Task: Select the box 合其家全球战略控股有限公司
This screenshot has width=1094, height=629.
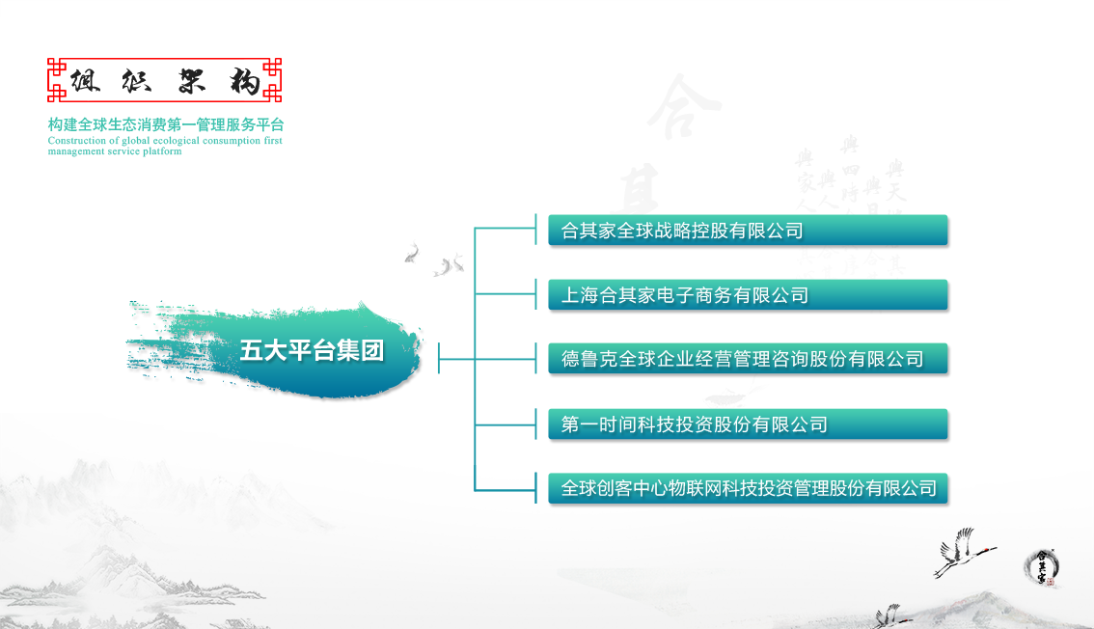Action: [748, 231]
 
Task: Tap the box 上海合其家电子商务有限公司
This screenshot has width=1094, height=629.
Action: [748, 295]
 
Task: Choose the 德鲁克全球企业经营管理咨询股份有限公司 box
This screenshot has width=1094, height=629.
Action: [748, 359]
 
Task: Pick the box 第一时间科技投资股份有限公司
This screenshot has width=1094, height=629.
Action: [748, 424]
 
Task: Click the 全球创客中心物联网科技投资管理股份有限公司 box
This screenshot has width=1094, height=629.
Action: [748, 488]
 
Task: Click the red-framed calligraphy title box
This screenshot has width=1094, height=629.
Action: [165, 81]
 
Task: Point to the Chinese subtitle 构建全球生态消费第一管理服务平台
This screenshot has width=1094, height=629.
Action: [166, 125]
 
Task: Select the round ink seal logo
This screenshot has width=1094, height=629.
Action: [1041, 566]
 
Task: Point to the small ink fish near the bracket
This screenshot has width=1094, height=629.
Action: [413, 253]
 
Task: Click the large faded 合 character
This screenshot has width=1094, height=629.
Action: [682, 106]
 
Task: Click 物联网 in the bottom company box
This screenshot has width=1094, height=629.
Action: [695, 488]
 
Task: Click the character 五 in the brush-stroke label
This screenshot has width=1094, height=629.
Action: [252, 351]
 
